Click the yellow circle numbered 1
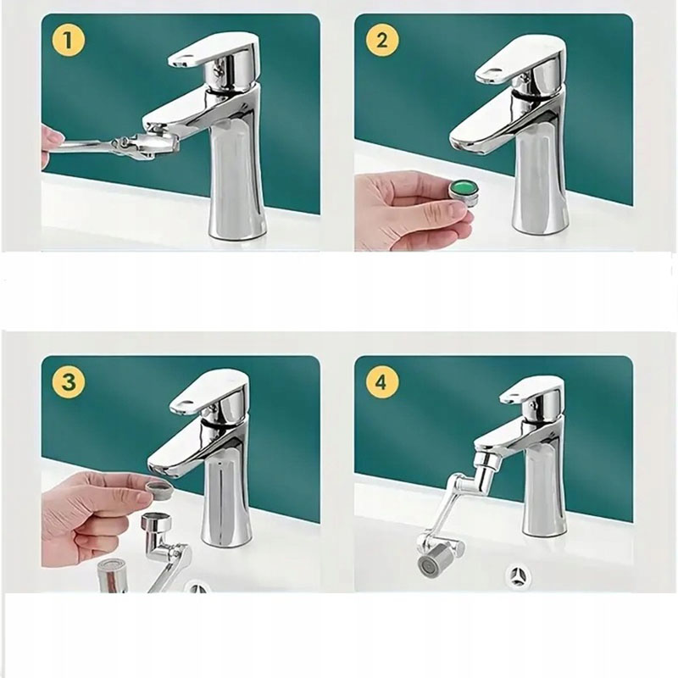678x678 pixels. [x=68, y=40]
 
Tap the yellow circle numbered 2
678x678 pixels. [x=382, y=40]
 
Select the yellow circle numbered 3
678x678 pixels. [x=69, y=382]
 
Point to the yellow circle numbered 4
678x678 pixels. [x=381, y=382]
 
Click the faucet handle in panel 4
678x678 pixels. [x=532, y=395]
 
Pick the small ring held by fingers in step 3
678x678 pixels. [x=159, y=491]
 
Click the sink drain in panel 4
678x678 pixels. [x=520, y=576]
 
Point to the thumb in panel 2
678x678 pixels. [x=446, y=213]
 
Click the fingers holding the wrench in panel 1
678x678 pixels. [x=51, y=144]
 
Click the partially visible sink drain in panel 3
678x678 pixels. [x=198, y=586]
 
